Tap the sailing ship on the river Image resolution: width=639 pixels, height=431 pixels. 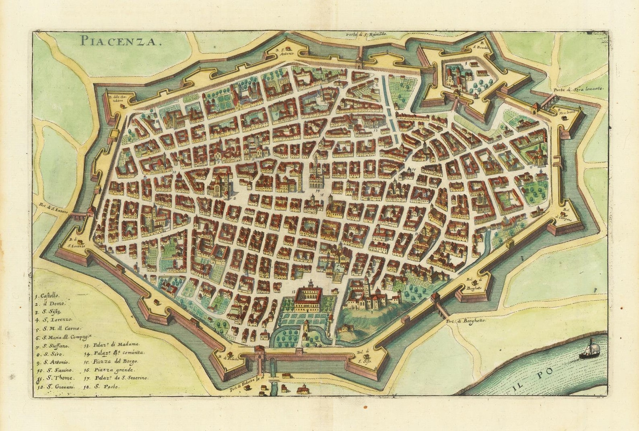tap(589, 350)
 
